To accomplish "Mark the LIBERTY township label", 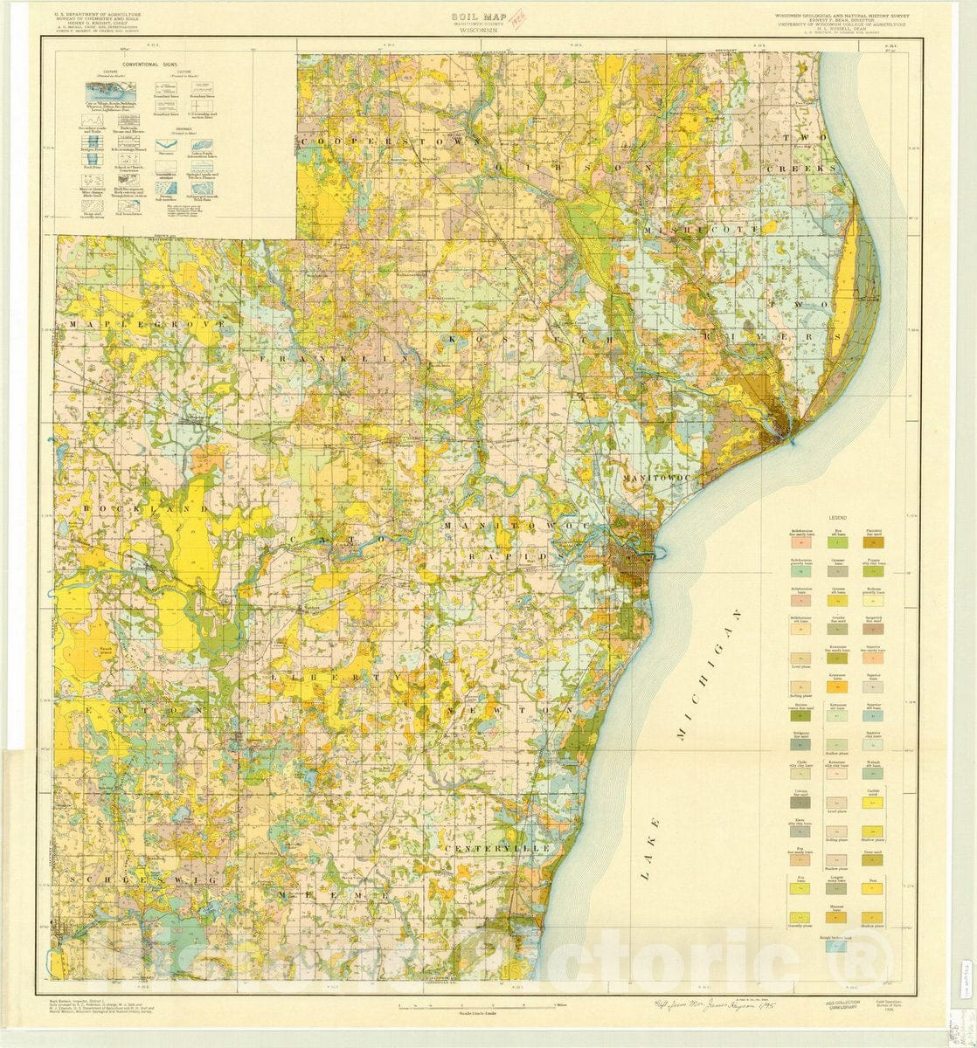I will pos(336,676).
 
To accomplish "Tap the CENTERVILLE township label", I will pos(497,848).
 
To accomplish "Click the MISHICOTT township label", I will pos(704,227).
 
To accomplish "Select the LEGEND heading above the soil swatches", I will pos(838,518).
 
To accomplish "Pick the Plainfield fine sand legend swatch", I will pos(873,542).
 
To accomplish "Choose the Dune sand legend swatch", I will pos(873,860).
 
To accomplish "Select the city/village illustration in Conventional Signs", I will pos(104,90).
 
